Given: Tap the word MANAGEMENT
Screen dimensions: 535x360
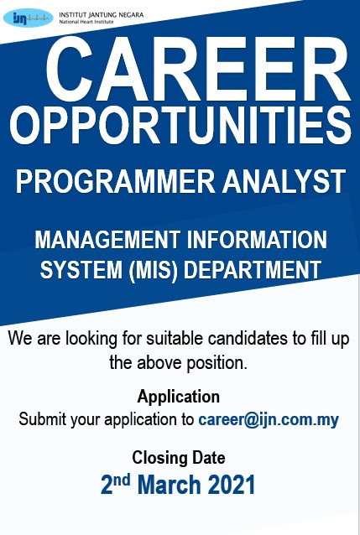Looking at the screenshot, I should pyautogui.click(x=106, y=241).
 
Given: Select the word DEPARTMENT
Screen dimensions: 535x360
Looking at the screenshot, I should pyautogui.click(x=252, y=270).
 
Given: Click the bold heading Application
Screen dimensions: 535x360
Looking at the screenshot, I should pyautogui.click(x=179, y=397).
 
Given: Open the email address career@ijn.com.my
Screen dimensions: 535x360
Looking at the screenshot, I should pyautogui.click(x=269, y=418).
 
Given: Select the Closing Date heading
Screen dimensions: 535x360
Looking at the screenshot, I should pyautogui.click(x=179, y=458).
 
